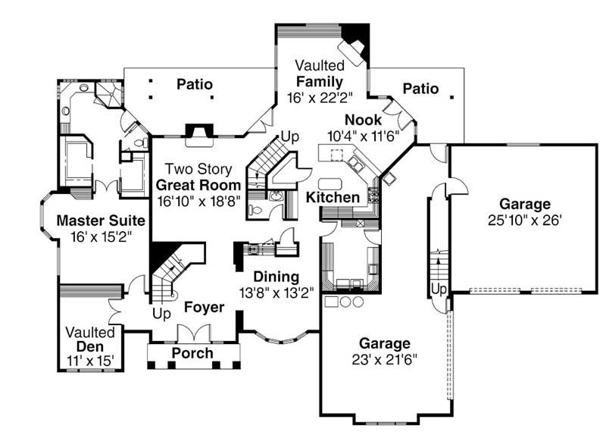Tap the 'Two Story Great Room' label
tap(198, 185)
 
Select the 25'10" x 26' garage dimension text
tap(524, 220)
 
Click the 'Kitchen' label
tap(333, 198)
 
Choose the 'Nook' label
tap(358, 120)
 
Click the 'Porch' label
tap(192, 354)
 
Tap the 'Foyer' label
tap(204, 308)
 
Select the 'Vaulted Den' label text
tap(90, 339)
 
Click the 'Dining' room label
tap(276, 277)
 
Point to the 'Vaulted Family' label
tap(320, 74)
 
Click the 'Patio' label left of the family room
tap(195, 83)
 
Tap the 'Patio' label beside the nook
tap(420, 89)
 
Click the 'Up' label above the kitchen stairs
tap(291, 136)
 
